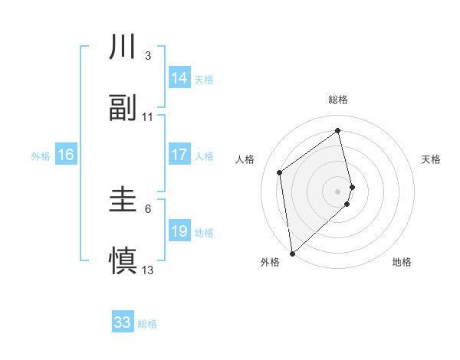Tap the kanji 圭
pos(123,201)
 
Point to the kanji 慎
pos(123,260)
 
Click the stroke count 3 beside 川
pos(148,56)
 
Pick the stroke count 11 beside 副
pos(148,117)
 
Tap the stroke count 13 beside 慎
pos(148,270)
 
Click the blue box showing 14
pos(179,78)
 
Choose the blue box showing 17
pos(179,155)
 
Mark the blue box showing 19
pos(179,231)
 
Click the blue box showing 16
pos(66,155)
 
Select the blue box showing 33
pos(123,322)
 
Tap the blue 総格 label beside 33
pos(147,324)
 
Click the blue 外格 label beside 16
pos(41,156)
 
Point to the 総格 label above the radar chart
pos(338,100)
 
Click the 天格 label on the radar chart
pos(432,159)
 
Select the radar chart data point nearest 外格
pos(292,253)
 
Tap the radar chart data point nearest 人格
pos(280,172)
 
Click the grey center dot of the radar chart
pos(338,191)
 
